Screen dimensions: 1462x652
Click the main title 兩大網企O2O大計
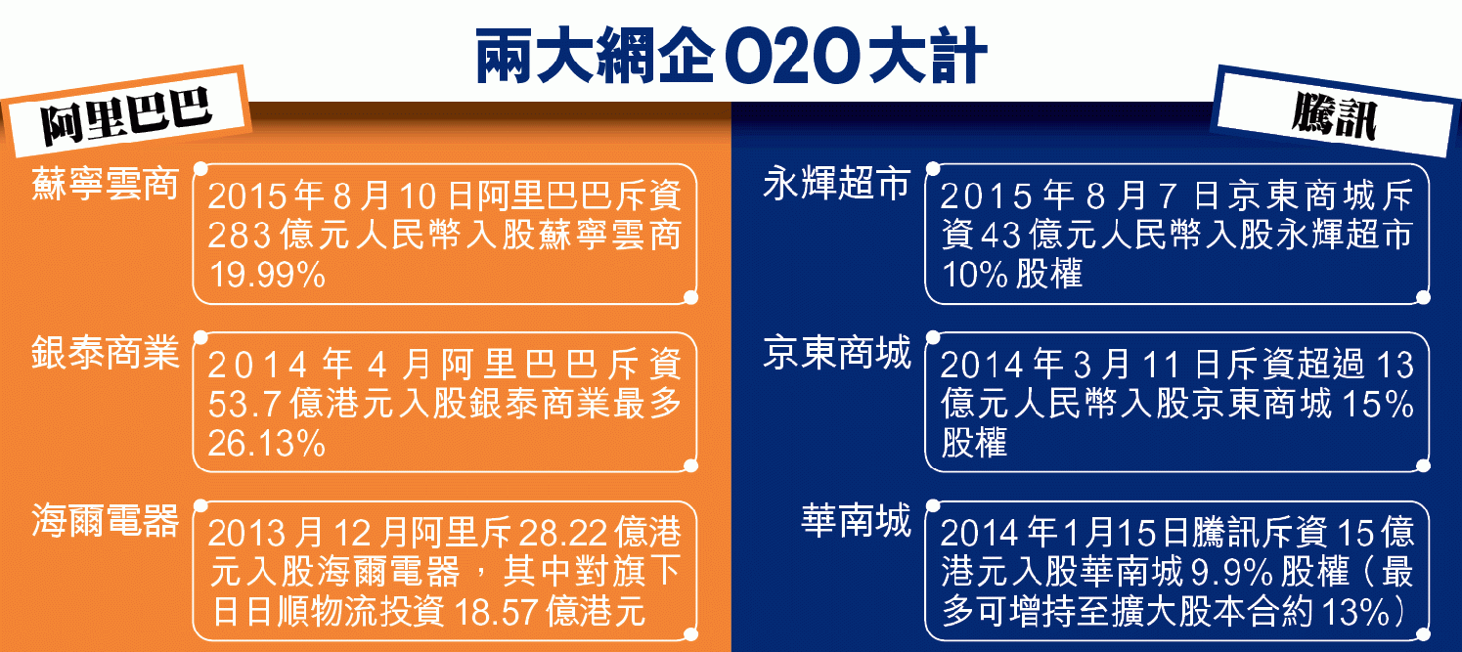(731, 56)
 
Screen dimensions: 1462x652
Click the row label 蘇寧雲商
(105, 184)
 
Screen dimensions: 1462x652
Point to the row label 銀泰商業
(105, 352)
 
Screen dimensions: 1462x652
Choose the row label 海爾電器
(105, 520)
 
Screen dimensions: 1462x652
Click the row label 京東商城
(837, 352)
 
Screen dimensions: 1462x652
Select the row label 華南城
(856, 520)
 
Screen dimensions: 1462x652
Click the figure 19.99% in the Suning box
(267, 275)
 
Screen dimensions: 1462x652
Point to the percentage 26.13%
(267, 444)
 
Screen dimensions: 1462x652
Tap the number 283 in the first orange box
(239, 236)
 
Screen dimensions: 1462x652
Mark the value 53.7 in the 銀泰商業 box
(244, 405)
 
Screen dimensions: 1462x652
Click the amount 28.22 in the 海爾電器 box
(562, 534)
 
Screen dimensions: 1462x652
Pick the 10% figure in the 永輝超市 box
(975, 275)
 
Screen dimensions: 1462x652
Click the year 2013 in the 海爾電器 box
(247, 534)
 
